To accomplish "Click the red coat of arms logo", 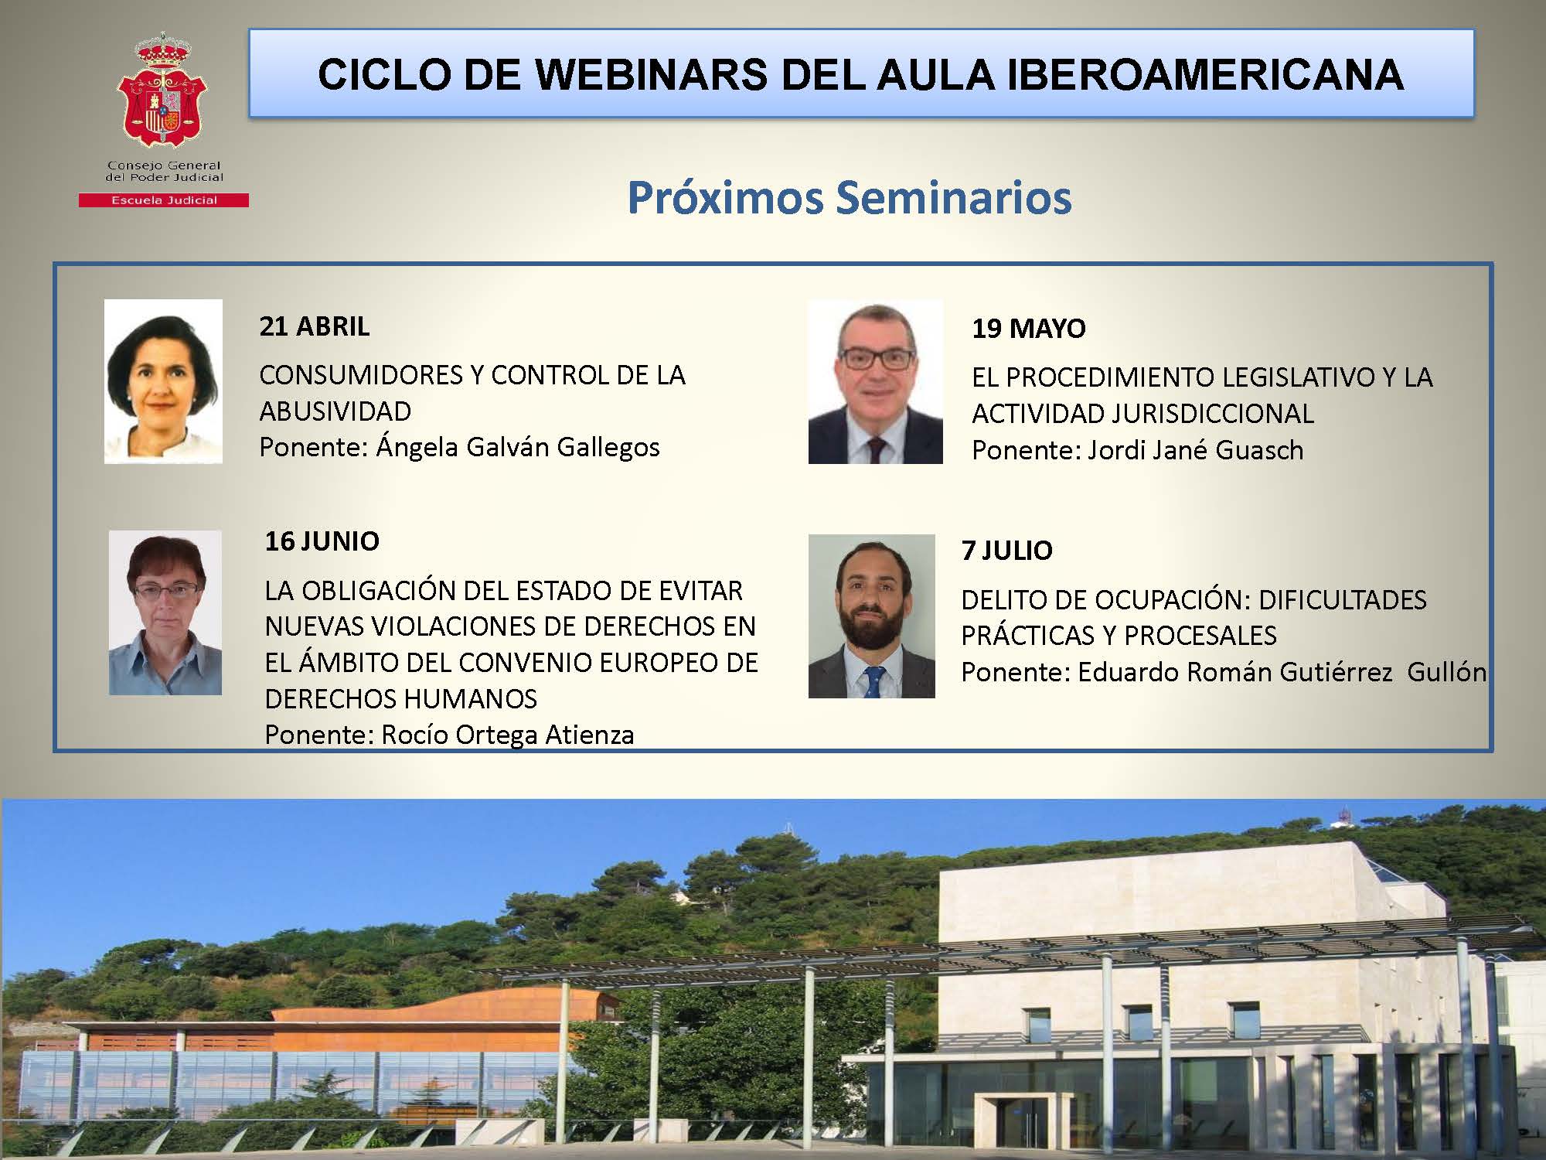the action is [x=162, y=90].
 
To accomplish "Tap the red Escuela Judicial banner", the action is [x=164, y=200].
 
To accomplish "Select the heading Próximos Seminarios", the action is [x=849, y=197].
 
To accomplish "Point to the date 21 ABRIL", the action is [x=314, y=326].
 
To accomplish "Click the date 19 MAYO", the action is [x=1028, y=329].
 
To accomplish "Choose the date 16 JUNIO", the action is [x=322, y=541].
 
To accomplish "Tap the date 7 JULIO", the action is [x=1006, y=551].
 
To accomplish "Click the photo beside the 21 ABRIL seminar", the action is [x=163, y=381].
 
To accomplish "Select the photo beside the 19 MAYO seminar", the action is [x=875, y=382].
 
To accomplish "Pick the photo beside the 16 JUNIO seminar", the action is [x=165, y=612].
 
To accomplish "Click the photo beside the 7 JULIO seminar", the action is [x=871, y=616].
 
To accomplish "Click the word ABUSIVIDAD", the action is [x=335, y=411].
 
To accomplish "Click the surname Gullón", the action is [x=1446, y=672].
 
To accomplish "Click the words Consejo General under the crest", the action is [x=164, y=165].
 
